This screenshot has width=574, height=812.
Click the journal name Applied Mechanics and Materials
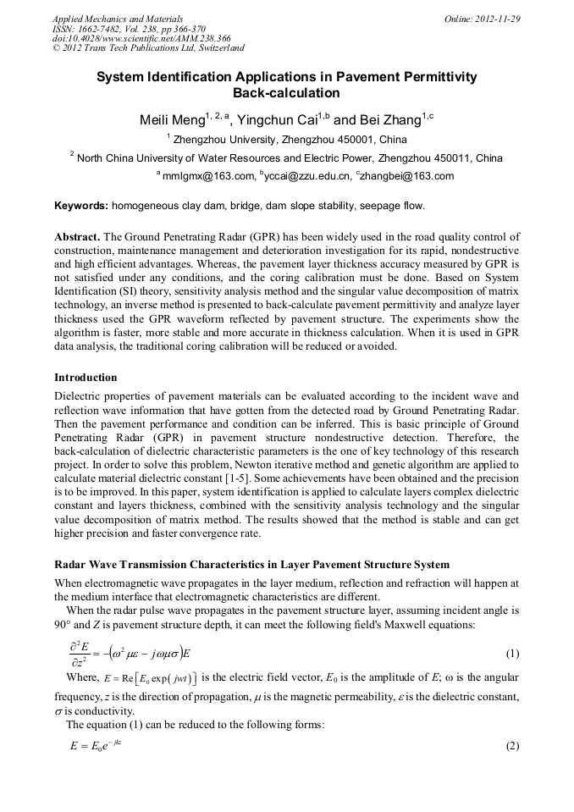[x=118, y=18]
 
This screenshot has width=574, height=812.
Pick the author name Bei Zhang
[x=382, y=120]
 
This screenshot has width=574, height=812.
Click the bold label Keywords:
[x=81, y=206]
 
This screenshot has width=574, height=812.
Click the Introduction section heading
[x=86, y=377]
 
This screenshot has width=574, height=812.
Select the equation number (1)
[x=512, y=655]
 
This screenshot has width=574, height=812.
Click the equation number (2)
[x=512, y=747]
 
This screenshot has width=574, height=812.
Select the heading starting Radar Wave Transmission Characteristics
[x=251, y=564]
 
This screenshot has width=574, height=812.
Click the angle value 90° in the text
[x=64, y=625]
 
